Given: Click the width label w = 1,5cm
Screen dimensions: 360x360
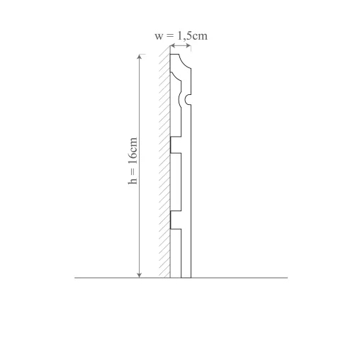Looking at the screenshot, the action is pyautogui.click(x=181, y=35).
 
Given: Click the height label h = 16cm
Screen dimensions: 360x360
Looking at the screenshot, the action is pyautogui.click(x=133, y=161).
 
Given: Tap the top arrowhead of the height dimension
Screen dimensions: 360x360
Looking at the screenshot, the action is pyautogui.click(x=140, y=57).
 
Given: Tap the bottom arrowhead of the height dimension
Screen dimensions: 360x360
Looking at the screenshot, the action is pyautogui.click(x=140, y=275).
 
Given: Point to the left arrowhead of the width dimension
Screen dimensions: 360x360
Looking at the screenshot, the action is pyautogui.click(x=173, y=45).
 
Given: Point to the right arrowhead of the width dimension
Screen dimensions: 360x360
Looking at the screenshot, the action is pyautogui.click(x=188, y=45).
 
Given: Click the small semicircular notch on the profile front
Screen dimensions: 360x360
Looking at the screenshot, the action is pyautogui.click(x=188, y=99).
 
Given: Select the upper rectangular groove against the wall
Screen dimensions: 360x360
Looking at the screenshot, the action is pyautogui.click(x=176, y=145).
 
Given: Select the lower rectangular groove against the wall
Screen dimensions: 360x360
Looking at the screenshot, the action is pyautogui.click(x=176, y=220).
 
